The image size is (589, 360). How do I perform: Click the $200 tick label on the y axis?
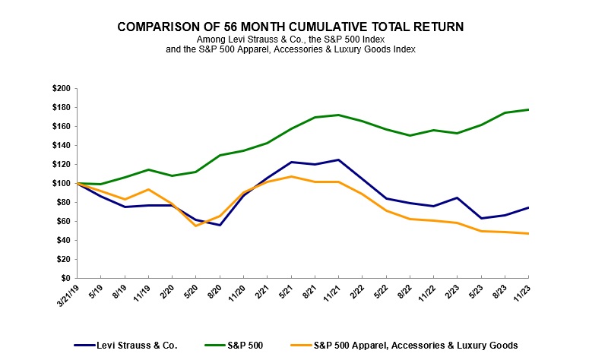pyautogui.click(x=61, y=89)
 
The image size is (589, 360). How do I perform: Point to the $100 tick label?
pyautogui.click(x=61, y=183)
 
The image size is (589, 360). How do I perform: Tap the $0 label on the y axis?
pyautogui.click(x=66, y=278)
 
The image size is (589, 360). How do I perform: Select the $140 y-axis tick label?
pyautogui.click(x=61, y=145)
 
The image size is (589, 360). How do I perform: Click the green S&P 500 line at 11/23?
pyautogui.click(x=528, y=110)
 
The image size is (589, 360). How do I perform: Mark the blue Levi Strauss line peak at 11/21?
pyautogui.click(x=337, y=159)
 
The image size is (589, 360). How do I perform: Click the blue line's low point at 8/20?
pyautogui.click(x=219, y=225)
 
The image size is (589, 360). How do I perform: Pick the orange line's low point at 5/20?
pyautogui.click(x=195, y=226)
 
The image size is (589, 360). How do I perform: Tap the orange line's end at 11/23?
pyautogui.click(x=528, y=233)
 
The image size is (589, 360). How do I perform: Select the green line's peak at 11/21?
pyautogui.click(x=337, y=115)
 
